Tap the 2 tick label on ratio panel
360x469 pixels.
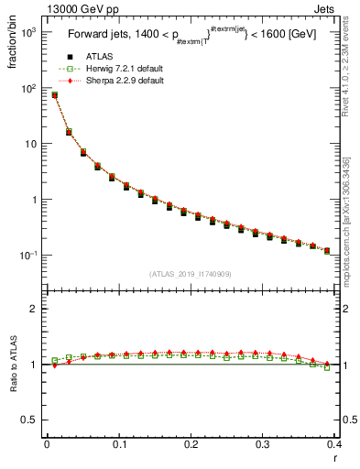(x=34, y=309)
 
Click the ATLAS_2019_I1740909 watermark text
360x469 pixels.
(x=191, y=273)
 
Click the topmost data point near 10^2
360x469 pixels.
(x=55, y=94)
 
